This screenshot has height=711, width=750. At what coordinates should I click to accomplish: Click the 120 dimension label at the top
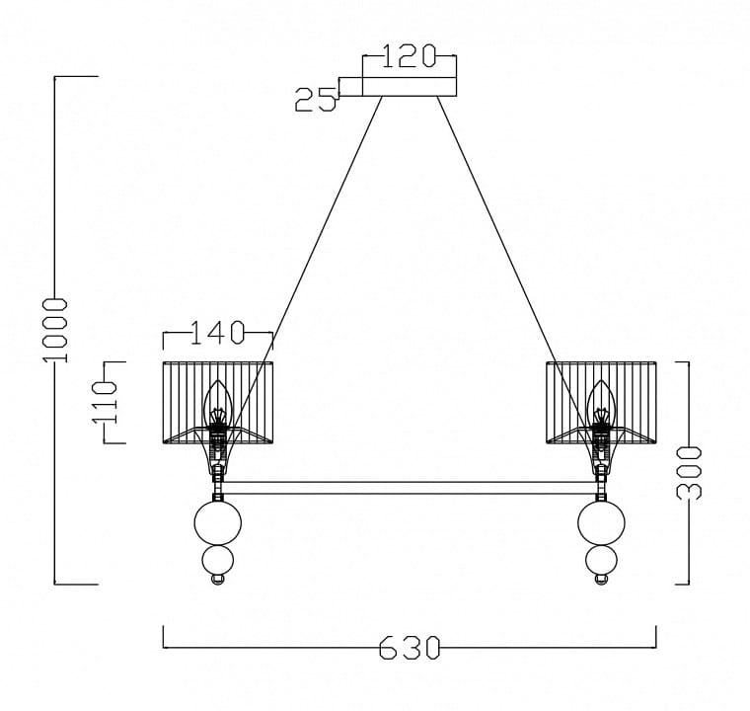410,56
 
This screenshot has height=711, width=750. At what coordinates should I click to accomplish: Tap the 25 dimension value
316,100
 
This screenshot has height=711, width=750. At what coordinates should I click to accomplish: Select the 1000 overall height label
55,331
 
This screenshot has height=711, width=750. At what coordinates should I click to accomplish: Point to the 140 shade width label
218,332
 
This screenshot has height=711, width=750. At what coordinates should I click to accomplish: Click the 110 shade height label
105,402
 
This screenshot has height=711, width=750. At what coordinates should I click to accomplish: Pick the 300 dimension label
689,473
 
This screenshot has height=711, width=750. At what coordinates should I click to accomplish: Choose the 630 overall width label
410,648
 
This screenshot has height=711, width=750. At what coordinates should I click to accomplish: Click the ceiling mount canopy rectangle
410,87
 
